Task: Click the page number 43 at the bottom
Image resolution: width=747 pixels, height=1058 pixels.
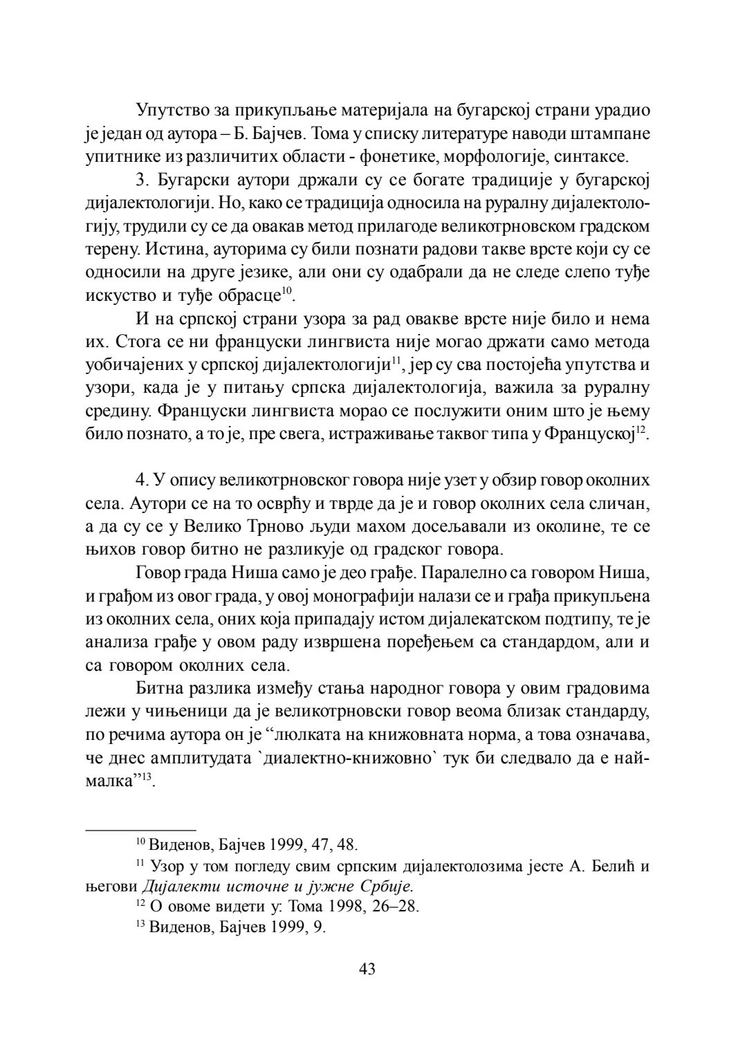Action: (367, 969)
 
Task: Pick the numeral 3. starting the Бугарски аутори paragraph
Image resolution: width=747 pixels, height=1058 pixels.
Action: (143, 180)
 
